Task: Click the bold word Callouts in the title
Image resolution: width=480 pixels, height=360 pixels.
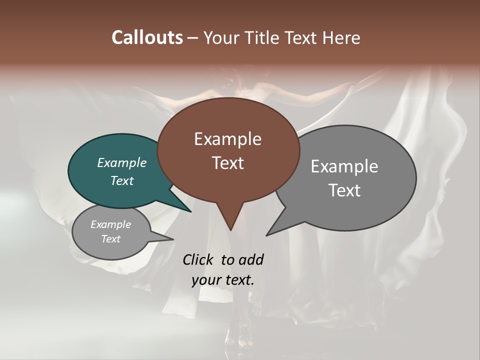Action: pos(147,37)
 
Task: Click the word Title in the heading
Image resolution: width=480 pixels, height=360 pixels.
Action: pos(263,37)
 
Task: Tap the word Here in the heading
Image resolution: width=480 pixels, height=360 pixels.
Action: pos(341,37)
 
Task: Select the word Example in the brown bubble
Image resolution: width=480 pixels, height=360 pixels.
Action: pos(227,139)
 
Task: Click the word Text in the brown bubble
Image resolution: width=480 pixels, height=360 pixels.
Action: pos(227,163)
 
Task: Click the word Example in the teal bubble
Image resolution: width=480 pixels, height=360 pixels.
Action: pos(121,162)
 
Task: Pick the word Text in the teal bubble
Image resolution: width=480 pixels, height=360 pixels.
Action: pos(121,180)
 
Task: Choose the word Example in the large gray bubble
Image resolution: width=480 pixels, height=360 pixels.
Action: pos(344,166)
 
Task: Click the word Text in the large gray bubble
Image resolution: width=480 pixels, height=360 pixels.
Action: pos(344,190)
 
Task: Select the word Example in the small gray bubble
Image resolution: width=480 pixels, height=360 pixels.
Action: pos(110,224)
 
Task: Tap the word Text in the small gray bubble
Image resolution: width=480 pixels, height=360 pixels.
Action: pos(110,239)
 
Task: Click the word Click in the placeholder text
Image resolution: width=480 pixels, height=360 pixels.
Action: pos(198,259)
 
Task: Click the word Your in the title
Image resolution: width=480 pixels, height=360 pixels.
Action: pos(221,37)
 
